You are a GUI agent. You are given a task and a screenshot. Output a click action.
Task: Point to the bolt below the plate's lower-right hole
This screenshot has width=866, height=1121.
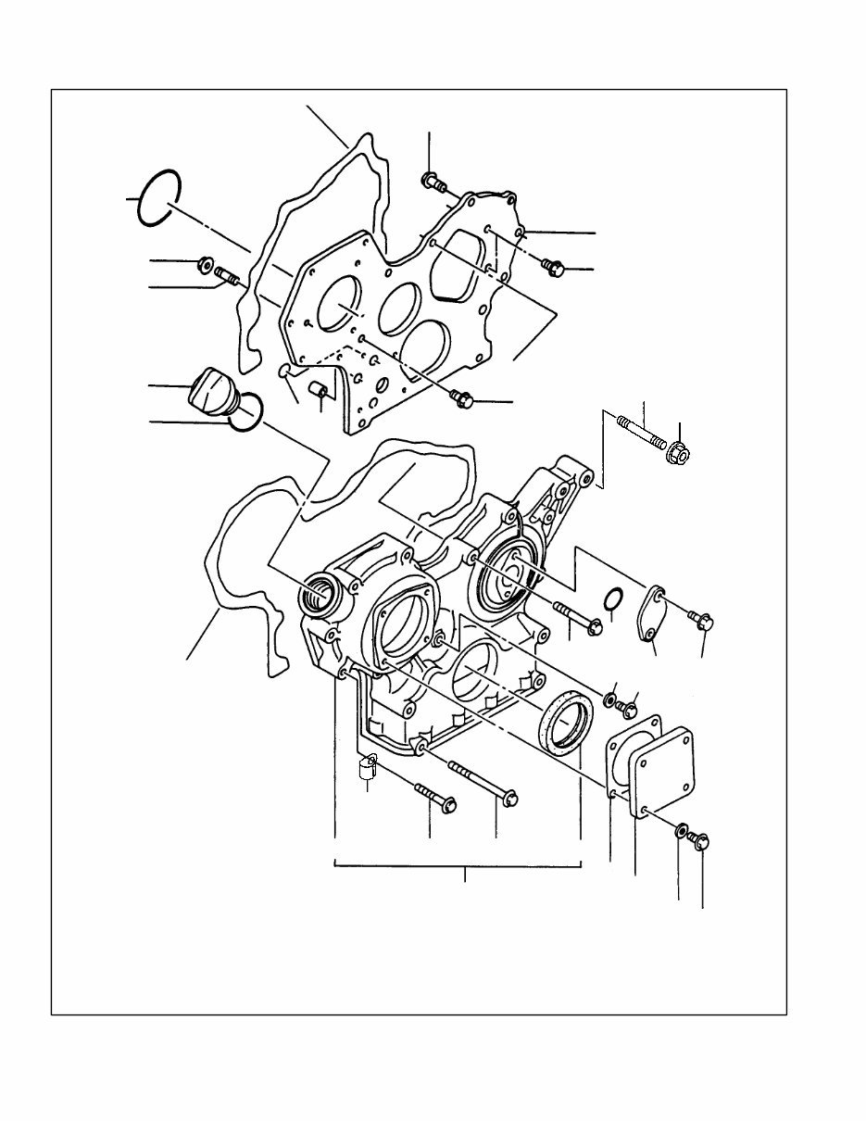pos(462,398)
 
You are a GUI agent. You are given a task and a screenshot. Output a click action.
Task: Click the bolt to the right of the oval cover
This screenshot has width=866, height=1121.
pos(701,619)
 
